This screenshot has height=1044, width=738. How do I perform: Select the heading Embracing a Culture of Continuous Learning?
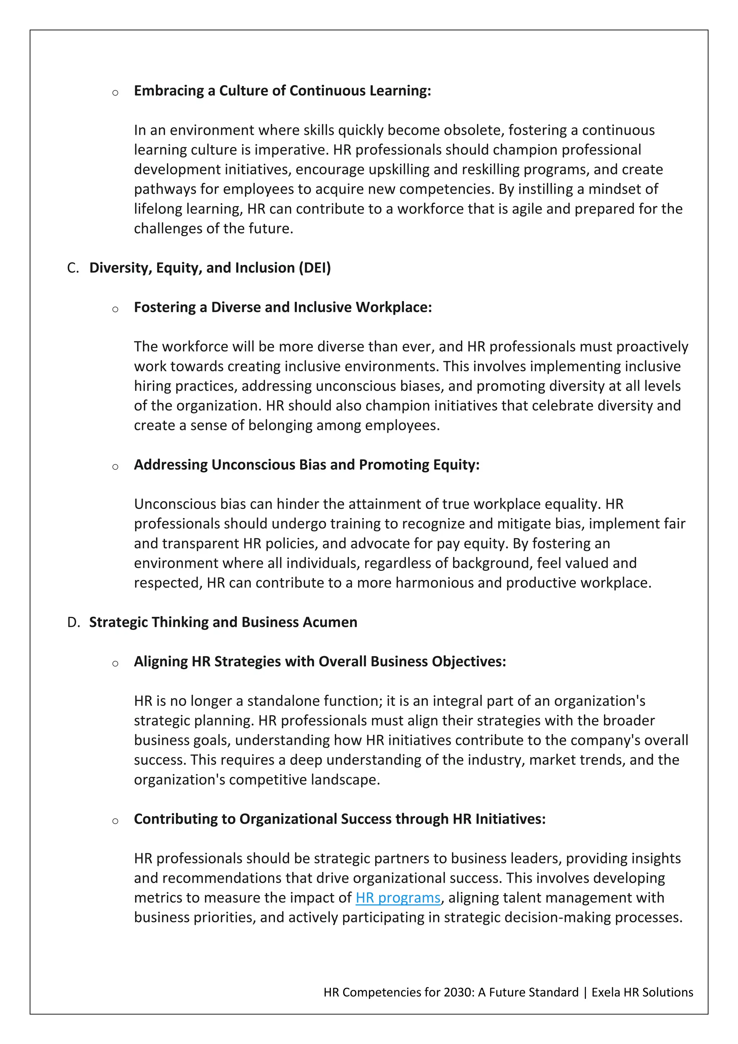(282, 90)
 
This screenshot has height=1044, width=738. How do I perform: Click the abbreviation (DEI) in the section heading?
(315, 268)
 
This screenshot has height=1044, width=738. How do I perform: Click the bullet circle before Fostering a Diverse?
(115, 310)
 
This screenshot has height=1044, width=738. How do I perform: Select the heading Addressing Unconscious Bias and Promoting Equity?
(307, 465)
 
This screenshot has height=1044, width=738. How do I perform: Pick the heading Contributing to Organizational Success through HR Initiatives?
(339, 819)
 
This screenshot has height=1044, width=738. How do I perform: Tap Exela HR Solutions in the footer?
(642, 992)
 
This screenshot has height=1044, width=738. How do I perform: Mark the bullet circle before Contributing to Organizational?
(115, 822)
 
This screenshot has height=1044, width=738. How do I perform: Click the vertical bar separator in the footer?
(585, 992)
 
